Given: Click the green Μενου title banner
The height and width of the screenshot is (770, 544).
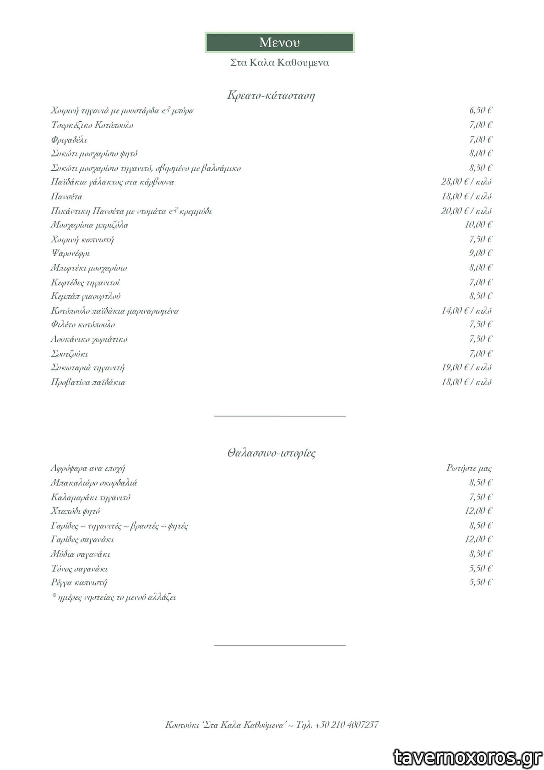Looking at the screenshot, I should (x=279, y=43).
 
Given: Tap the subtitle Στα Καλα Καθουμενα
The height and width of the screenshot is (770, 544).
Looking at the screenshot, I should (x=279, y=63).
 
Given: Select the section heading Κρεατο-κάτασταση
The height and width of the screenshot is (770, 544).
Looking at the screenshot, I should (x=271, y=95).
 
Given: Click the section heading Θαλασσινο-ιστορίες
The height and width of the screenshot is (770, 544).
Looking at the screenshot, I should (x=271, y=453).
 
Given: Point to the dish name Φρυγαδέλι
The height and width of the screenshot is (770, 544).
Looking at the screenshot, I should (x=69, y=140).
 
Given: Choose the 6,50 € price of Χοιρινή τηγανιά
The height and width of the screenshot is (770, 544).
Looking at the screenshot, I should (x=480, y=110).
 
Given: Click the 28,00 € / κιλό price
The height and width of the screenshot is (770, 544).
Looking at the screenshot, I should (x=466, y=182).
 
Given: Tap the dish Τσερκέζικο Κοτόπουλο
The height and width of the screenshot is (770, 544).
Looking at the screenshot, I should (x=92, y=125).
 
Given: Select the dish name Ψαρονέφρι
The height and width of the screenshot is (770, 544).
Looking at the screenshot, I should (x=70, y=253).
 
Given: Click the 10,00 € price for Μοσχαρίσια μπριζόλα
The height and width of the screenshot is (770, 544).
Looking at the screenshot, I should (x=478, y=225).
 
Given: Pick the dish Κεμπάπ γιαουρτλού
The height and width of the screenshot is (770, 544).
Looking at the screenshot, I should (x=86, y=296).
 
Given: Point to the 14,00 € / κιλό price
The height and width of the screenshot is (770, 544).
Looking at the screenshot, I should (x=466, y=311).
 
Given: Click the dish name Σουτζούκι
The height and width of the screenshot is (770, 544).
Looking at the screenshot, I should (x=69, y=354).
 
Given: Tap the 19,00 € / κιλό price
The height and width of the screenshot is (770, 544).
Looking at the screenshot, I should (x=466, y=368).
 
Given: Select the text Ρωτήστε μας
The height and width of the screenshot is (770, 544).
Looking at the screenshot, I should (x=469, y=468).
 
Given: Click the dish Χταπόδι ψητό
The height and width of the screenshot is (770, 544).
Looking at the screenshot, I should (x=75, y=511).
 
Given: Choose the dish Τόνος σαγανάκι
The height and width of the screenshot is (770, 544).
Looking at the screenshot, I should (x=79, y=569).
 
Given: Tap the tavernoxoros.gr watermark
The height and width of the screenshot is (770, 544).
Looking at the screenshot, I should (x=468, y=758).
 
